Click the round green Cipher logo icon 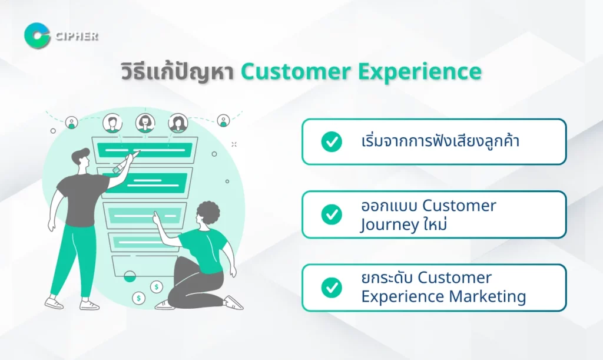click(37, 36)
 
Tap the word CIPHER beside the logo click(77, 36)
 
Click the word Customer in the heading click(296, 72)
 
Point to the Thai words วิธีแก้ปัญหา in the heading click(178, 71)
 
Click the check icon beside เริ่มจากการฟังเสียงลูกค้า click(332, 141)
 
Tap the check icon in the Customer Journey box click(332, 214)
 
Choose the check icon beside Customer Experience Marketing click(332, 288)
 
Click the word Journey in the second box click(389, 225)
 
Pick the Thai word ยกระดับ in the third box click(387, 278)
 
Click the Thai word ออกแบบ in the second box click(389, 206)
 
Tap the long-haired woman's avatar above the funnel click(178, 123)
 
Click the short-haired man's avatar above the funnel click(112, 123)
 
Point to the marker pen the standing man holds click(126, 161)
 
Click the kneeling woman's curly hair click(208, 212)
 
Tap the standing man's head click(81, 157)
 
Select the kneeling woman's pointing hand click(157, 219)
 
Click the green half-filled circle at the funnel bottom click(130, 276)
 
